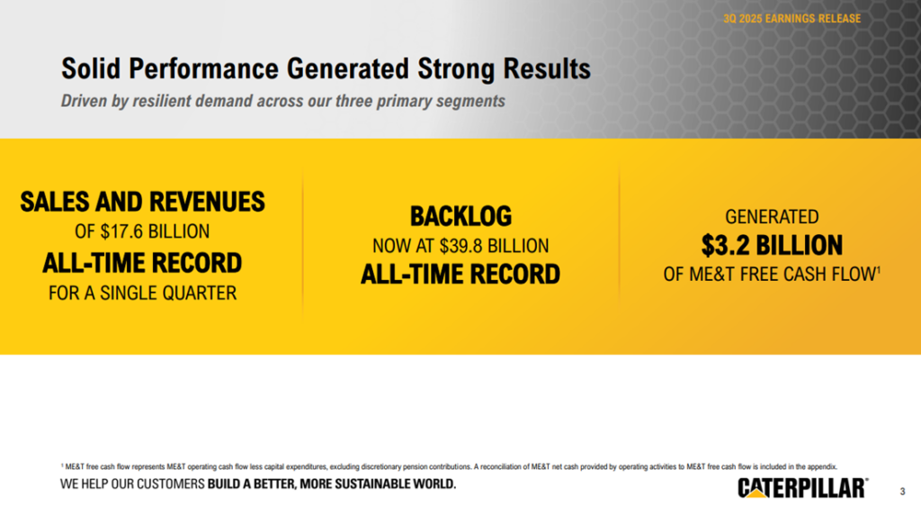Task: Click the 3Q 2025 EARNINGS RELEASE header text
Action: click(791, 18)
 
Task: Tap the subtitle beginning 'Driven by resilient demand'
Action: click(282, 101)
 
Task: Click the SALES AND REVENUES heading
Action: click(142, 202)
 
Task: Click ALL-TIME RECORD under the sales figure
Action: click(142, 263)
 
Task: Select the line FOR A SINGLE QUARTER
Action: click(142, 293)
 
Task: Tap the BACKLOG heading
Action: click(460, 216)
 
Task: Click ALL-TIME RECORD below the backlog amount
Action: click(460, 274)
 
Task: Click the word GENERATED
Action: click(772, 217)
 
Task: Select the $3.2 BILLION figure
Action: click(772, 245)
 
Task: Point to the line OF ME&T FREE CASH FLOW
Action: click(768, 275)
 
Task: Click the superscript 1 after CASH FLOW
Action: click(878, 269)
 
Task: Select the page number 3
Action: click(902, 492)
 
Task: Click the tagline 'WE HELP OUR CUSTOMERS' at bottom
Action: click(258, 485)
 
